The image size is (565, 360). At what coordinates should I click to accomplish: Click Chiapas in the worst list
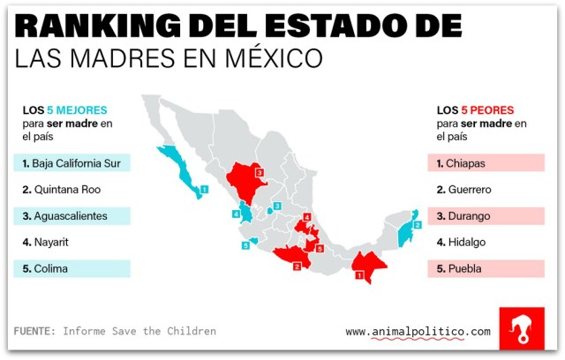[x=467, y=163]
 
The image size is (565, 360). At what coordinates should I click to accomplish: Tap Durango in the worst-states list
[x=471, y=215]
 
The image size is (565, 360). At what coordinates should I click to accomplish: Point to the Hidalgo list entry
[x=467, y=242]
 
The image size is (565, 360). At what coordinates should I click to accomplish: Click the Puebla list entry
[x=465, y=268]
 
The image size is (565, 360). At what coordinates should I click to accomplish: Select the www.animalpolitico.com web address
[x=417, y=332]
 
